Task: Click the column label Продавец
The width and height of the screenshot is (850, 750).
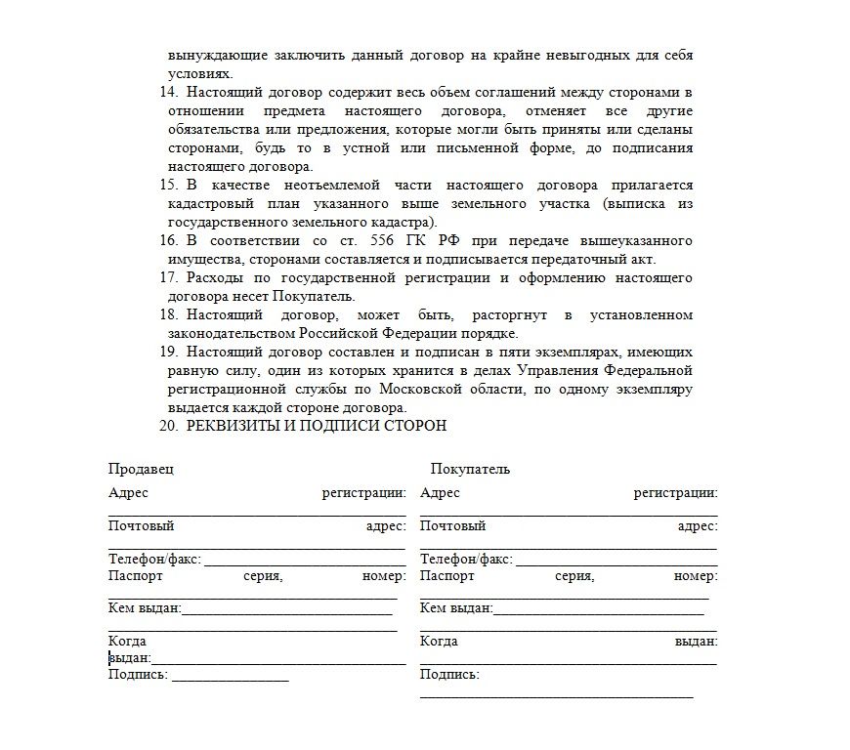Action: (x=141, y=469)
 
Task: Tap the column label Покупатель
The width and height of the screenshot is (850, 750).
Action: (x=469, y=469)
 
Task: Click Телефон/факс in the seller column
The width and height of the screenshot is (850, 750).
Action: (x=154, y=560)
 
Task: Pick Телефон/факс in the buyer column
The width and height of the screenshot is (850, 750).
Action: (x=466, y=560)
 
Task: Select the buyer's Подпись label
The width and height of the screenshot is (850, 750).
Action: (x=449, y=675)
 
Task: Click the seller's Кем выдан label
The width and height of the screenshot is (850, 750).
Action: (x=145, y=608)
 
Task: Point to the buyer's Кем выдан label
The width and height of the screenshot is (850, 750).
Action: (x=456, y=608)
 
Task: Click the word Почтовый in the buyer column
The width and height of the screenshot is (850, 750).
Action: (x=452, y=526)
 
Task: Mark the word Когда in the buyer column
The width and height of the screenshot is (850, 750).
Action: (x=439, y=642)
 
